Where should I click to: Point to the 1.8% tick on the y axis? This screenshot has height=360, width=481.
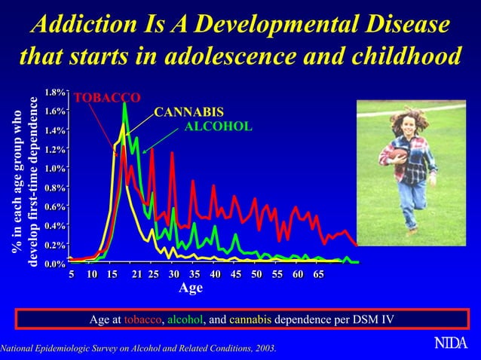tap(54, 93)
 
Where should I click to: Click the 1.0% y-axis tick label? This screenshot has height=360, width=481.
tap(54, 169)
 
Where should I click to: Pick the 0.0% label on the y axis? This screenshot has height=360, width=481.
tap(54, 264)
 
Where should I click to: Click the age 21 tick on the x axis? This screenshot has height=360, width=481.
tap(136, 274)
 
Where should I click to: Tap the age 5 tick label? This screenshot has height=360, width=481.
tap(72, 274)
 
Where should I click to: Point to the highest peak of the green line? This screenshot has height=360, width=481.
tap(124, 103)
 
